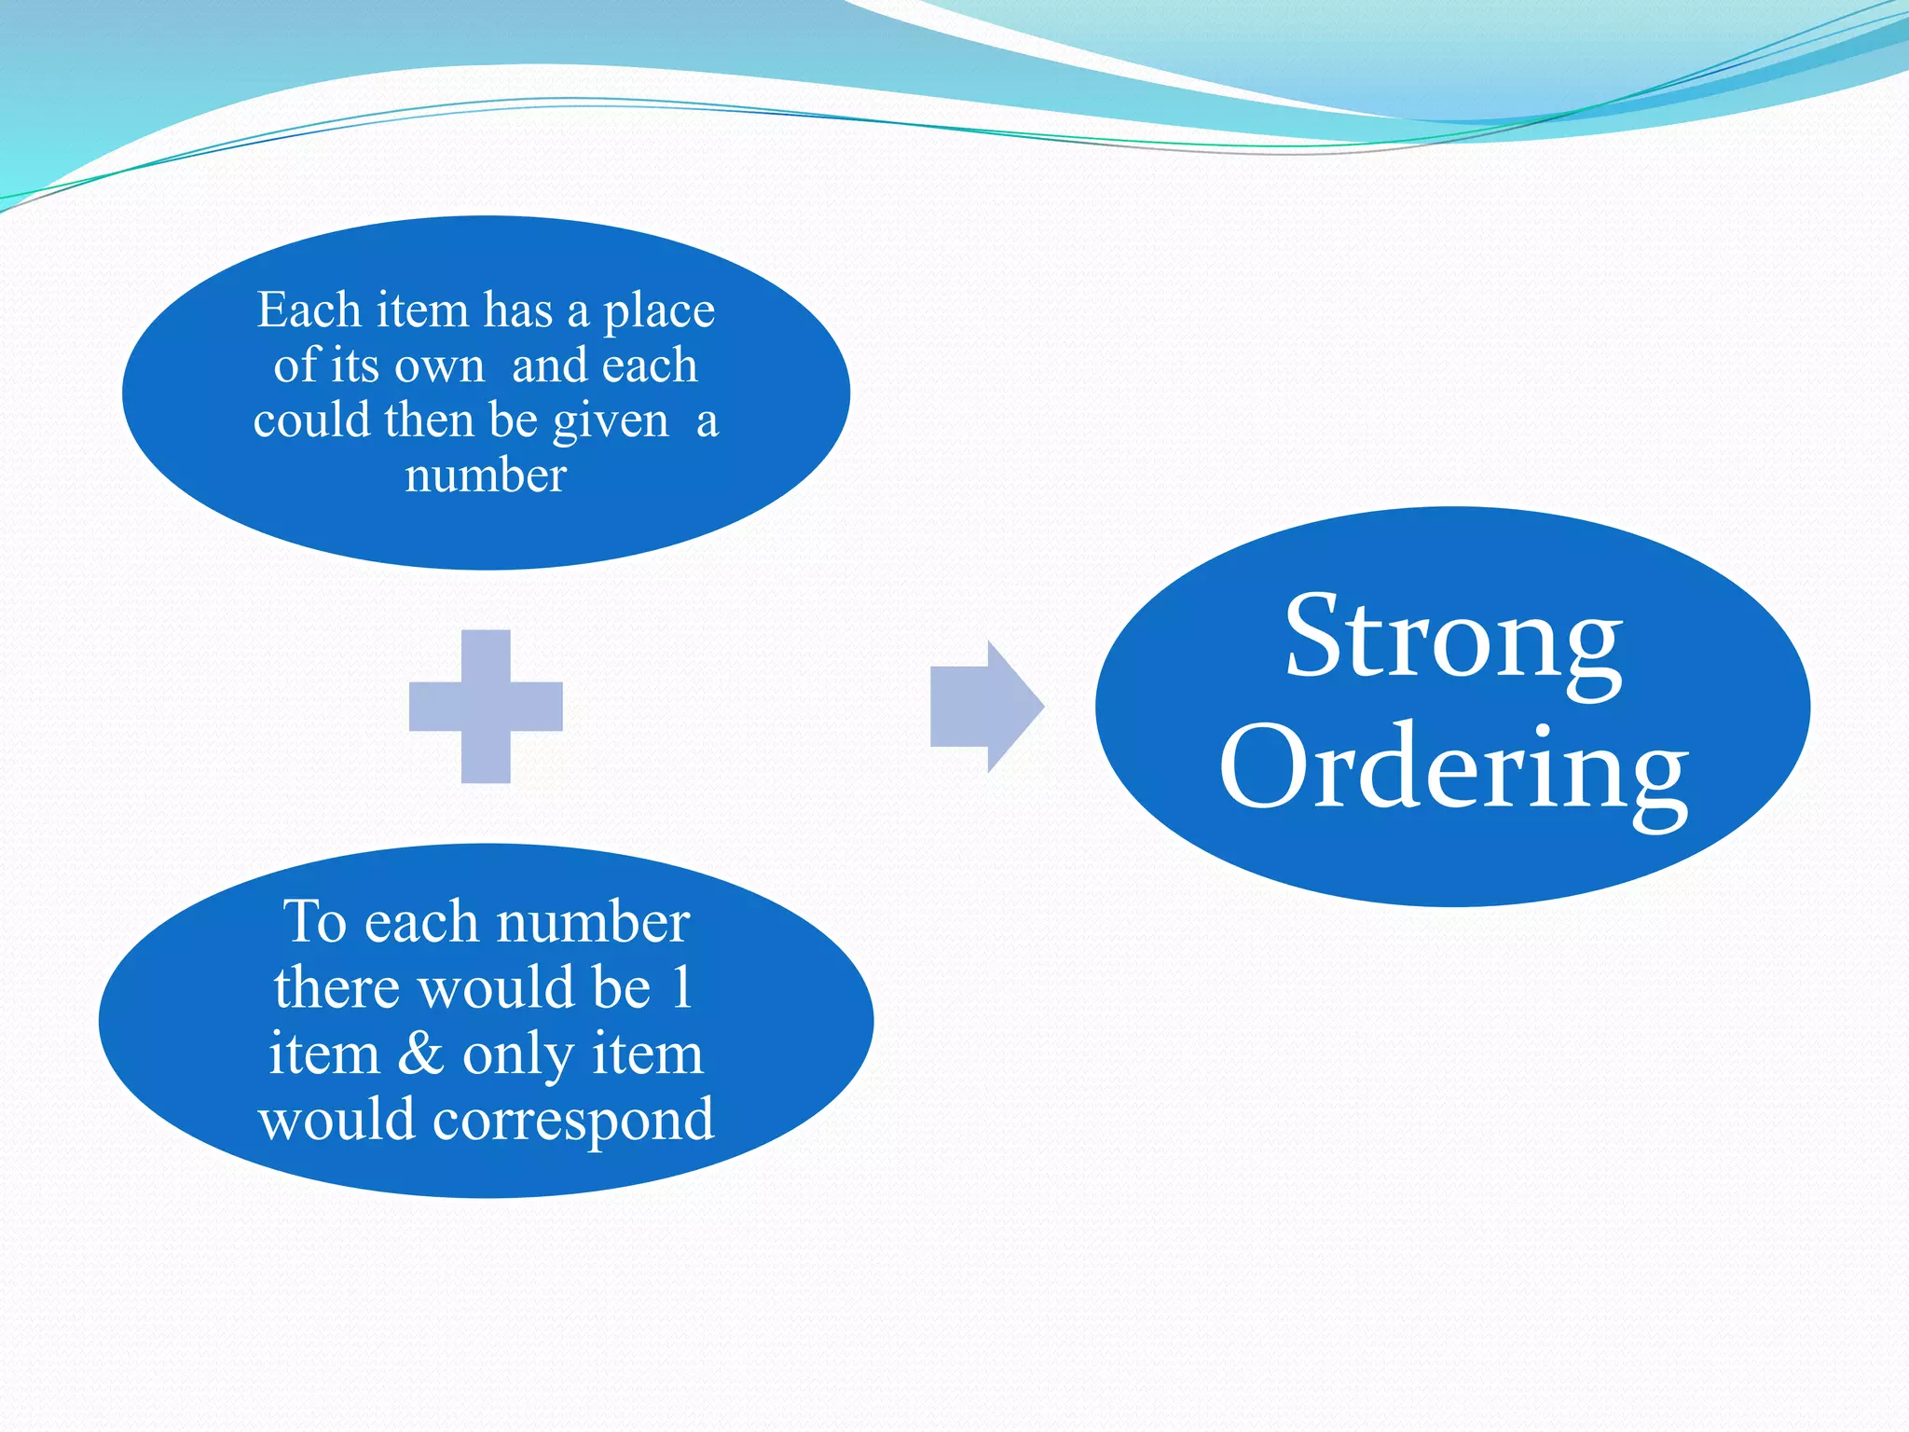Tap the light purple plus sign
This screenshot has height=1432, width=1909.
[486, 707]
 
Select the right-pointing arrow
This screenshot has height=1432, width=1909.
[986, 707]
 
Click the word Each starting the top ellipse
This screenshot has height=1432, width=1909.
[309, 310]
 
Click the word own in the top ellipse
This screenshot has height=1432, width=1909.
[439, 366]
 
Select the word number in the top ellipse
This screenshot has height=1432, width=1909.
[486, 475]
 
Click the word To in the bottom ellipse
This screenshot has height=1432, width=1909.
[315, 923]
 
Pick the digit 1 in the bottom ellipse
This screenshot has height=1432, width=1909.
[682, 987]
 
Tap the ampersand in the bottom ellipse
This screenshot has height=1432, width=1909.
[421, 1054]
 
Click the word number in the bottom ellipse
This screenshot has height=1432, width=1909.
[593, 923]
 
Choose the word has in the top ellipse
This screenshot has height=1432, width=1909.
[518, 310]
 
